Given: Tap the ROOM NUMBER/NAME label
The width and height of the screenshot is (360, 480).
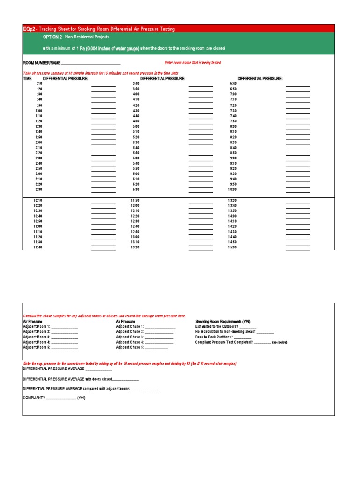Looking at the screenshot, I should tap(42, 63).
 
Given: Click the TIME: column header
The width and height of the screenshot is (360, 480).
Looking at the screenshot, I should tap(28, 79).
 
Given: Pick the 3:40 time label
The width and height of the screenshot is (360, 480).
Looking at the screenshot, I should tap(136, 83).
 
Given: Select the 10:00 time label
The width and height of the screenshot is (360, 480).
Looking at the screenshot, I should tap(232, 190).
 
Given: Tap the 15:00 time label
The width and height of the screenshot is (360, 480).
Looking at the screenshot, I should tap(232, 247).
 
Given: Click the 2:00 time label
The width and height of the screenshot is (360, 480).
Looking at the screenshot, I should tap(38, 142).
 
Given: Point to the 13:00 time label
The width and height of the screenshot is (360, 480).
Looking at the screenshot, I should tap(135, 237).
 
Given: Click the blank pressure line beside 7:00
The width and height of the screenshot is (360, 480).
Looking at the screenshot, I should tap(298, 97).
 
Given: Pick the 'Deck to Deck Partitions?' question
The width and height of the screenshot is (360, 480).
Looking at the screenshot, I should tap(214, 337).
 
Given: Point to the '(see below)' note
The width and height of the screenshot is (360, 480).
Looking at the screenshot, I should tap(280, 343).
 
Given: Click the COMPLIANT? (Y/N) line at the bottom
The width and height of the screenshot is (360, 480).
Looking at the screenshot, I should tap(54, 397).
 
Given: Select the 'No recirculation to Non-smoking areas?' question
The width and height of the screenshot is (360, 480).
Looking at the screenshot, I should tap(225, 332).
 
